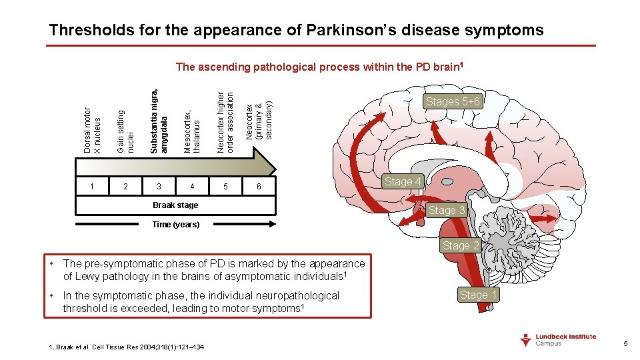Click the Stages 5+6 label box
click(x=453, y=101)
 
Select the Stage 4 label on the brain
click(x=403, y=181)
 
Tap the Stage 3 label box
click(x=446, y=210)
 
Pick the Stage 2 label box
click(x=461, y=245)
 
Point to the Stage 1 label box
click(x=478, y=294)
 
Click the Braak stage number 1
click(x=92, y=187)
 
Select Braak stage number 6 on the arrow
click(x=259, y=187)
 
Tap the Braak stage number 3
click(x=159, y=187)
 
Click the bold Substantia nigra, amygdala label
click(x=159, y=120)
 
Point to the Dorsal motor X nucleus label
click(x=92, y=130)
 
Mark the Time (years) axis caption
click(x=175, y=225)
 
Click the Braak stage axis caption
click(x=175, y=205)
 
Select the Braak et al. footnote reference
click(x=127, y=347)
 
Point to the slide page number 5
click(x=625, y=344)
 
